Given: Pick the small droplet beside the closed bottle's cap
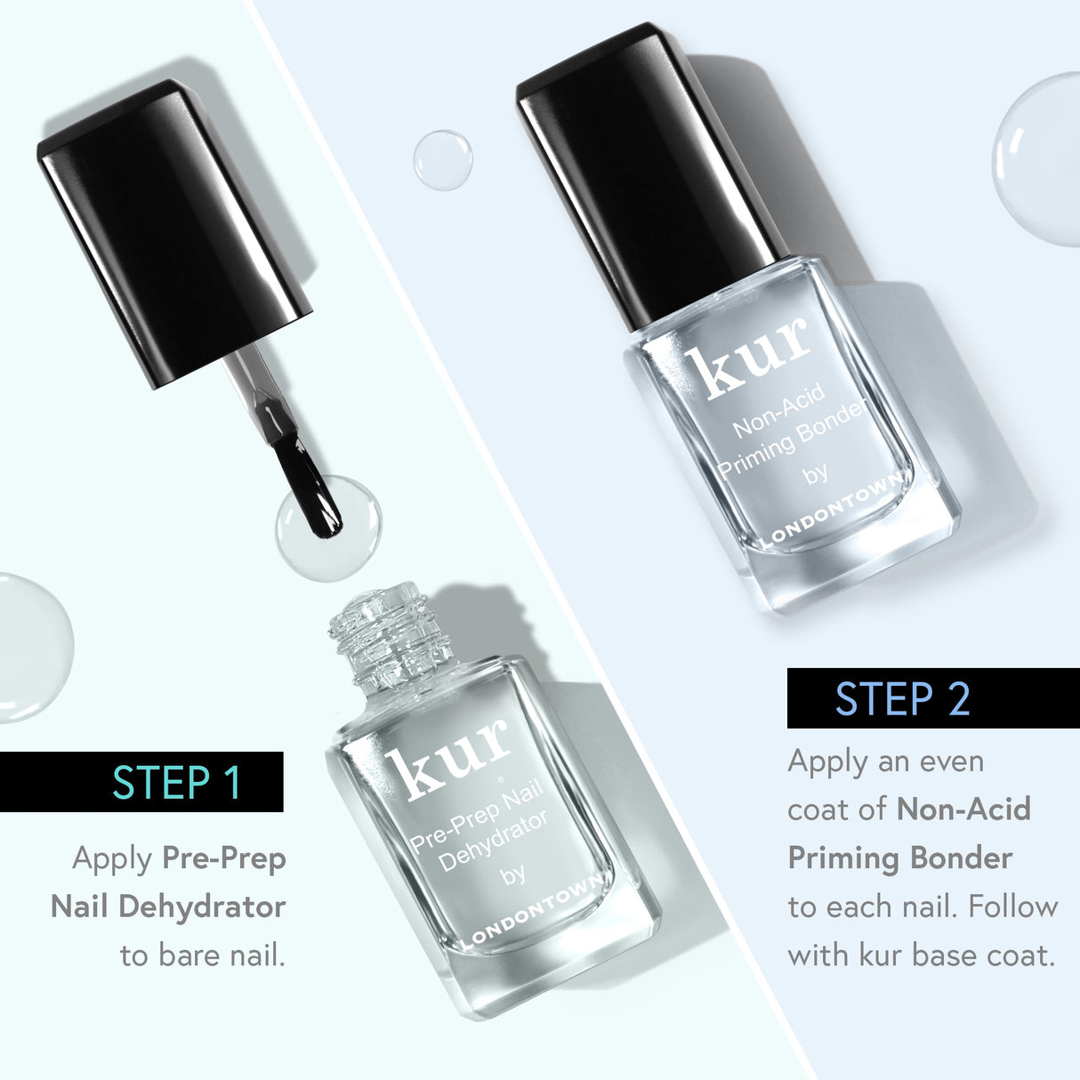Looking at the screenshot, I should (x=442, y=160).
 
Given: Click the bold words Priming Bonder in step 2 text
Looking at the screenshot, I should (x=900, y=858).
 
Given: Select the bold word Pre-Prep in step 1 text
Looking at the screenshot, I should (x=224, y=859).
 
